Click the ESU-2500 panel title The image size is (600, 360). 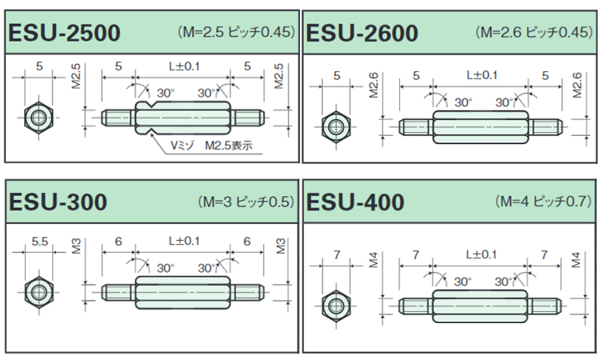(64, 34)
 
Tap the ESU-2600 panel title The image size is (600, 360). (362, 34)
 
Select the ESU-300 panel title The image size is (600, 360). (58, 202)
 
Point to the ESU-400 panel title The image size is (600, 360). (355, 202)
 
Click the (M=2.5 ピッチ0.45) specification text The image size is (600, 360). (236, 33)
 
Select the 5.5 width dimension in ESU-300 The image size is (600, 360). (37, 241)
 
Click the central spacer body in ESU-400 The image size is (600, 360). (480, 306)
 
